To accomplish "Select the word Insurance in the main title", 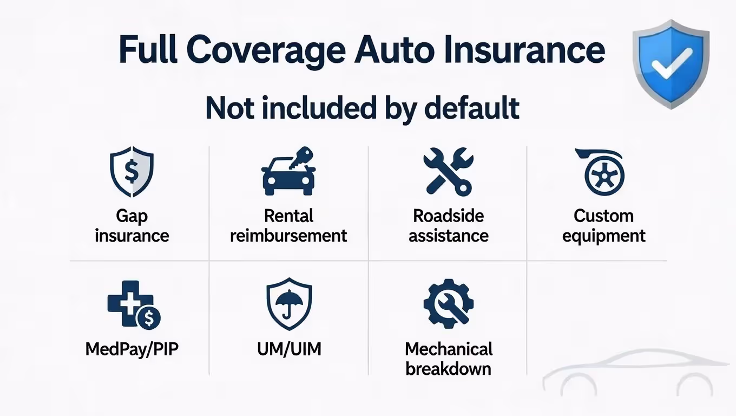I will (541, 50).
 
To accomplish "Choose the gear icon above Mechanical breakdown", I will (448, 303).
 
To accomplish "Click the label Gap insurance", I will (132, 226).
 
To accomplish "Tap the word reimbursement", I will (288, 236).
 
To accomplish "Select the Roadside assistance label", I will (448, 226).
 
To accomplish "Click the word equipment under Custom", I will (604, 236).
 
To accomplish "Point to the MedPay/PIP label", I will (132, 348).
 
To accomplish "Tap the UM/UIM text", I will (289, 348).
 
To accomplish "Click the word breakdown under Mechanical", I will (448, 369).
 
